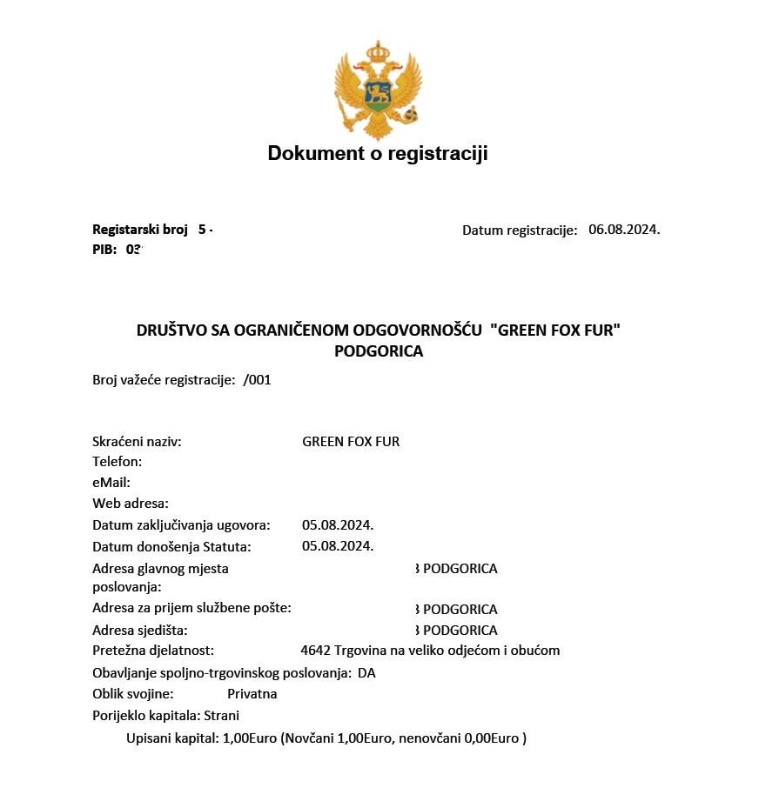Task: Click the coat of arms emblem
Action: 378,90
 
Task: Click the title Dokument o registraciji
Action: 378,154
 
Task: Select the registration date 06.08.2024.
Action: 624,230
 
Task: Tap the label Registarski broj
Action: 140,230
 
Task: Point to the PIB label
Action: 104,249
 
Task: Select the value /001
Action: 258,380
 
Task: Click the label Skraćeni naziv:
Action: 137,442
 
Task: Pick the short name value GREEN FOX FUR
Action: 351,442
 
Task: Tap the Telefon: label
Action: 117,462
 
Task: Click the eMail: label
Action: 111,483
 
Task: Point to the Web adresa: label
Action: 131,504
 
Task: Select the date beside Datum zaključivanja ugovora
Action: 338,525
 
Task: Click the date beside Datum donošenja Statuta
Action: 338,546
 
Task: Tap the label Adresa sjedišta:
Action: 140,631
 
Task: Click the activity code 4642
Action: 315,651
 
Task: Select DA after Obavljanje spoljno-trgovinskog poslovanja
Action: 366,673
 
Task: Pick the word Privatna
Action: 252,694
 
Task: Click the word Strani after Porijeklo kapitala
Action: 222,716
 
